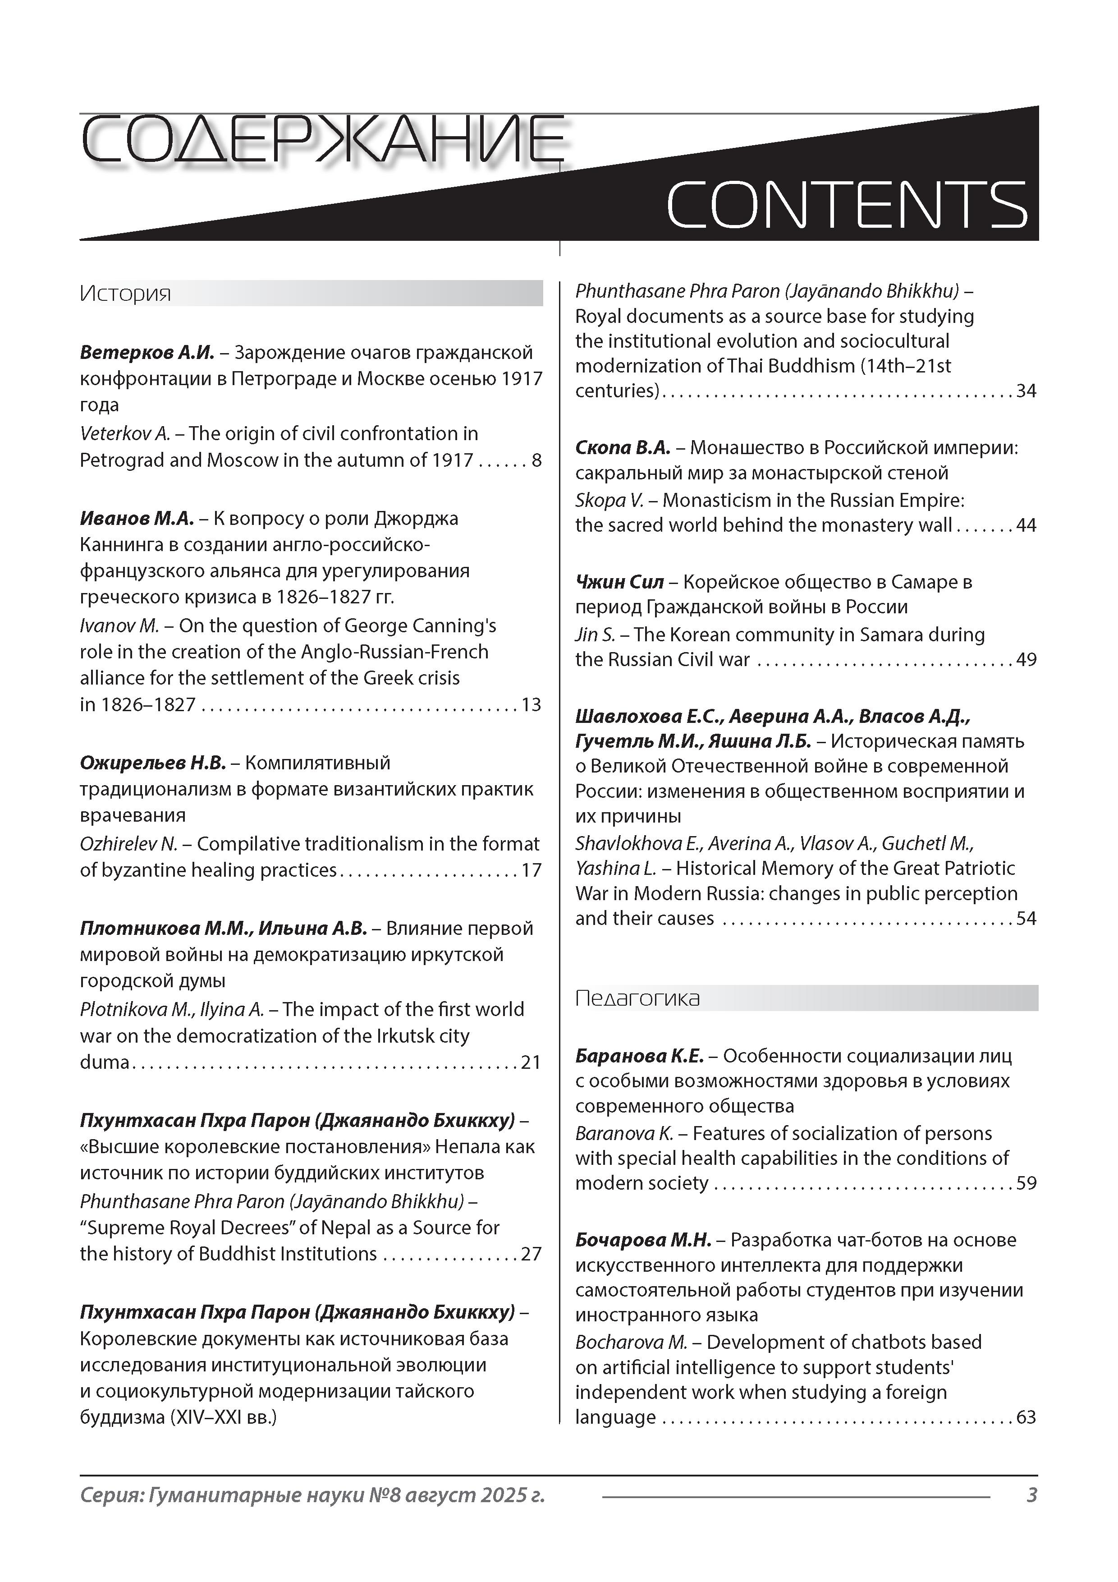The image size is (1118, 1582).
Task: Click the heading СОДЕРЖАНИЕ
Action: pos(322,143)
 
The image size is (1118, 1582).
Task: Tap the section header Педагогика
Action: pos(637,998)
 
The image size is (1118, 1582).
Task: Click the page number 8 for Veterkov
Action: pos(536,460)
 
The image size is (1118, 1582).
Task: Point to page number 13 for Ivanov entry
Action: pos(531,705)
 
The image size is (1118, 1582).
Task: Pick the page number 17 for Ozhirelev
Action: pos(531,870)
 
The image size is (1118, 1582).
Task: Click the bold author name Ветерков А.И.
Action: pos(147,353)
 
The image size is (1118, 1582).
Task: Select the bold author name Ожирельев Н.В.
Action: pos(153,763)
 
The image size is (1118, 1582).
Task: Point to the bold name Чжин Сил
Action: pos(619,582)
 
